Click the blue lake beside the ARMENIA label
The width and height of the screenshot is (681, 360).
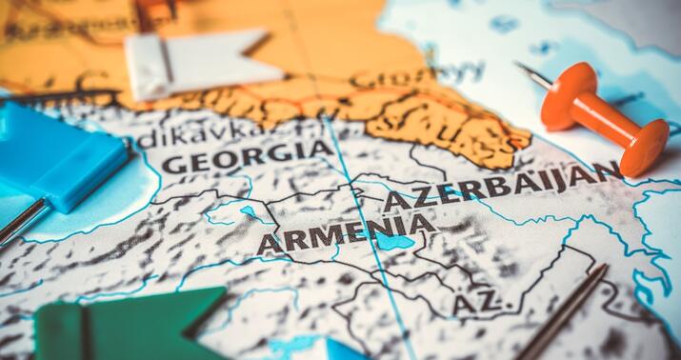click(393, 242)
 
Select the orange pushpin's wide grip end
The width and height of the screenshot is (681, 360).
click(649, 147)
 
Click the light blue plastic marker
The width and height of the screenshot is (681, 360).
click(57, 157)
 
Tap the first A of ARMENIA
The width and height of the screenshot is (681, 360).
click(269, 244)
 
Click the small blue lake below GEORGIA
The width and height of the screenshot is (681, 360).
click(250, 210)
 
